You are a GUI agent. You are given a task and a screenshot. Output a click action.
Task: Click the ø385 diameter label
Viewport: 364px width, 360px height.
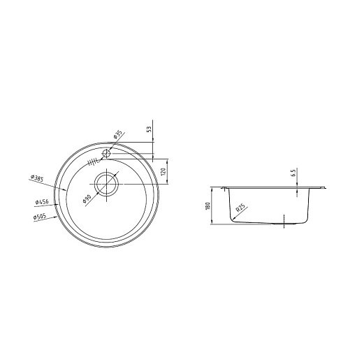[37, 178]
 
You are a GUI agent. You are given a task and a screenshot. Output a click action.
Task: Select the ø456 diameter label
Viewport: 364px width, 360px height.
[42, 202]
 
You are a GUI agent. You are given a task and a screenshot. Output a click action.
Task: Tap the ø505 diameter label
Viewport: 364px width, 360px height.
[40, 217]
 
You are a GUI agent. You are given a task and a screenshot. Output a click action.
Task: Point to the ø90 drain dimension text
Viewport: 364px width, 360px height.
[87, 199]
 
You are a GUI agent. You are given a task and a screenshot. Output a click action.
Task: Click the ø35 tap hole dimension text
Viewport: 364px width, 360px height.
[118, 135]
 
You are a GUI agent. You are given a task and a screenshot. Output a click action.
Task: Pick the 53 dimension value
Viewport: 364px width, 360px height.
[149, 129]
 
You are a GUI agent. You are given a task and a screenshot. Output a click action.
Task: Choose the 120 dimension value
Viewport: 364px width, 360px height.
[163, 172]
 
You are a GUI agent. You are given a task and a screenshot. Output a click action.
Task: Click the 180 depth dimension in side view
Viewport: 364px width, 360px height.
[208, 206]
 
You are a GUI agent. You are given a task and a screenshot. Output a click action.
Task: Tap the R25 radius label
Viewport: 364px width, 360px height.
[240, 208]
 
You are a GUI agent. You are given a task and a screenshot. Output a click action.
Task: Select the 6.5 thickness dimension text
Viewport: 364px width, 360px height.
[293, 173]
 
